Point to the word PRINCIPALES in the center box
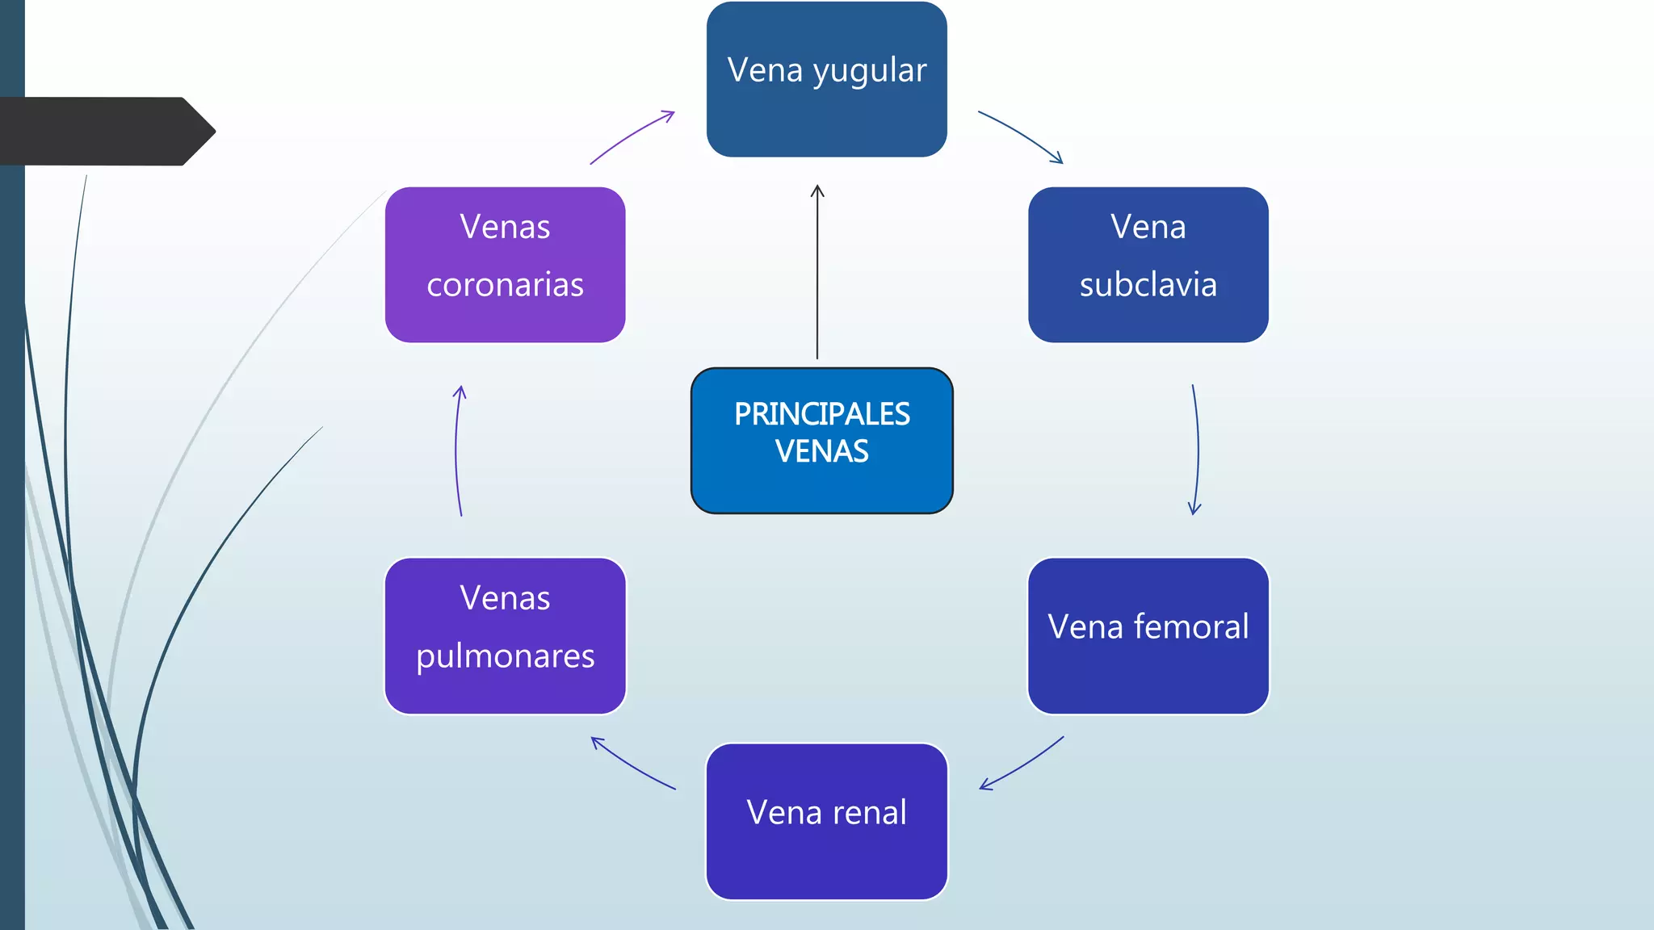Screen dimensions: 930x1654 (821, 414)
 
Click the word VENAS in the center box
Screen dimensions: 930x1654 (821, 451)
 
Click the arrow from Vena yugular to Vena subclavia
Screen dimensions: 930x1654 (1022, 135)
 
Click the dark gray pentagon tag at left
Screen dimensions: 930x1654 (105, 132)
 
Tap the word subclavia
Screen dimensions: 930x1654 (1148, 285)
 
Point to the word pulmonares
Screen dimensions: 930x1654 (505, 656)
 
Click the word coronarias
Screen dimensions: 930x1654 (505, 285)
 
